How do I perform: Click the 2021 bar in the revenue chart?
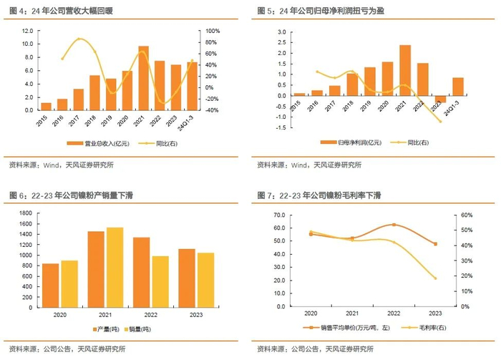click(x=144, y=78)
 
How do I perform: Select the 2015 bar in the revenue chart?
click(x=47, y=107)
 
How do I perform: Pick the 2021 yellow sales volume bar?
click(x=115, y=268)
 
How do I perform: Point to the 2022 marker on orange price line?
click(x=394, y=225)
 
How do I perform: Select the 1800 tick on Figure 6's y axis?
click(x=24, y=215)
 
